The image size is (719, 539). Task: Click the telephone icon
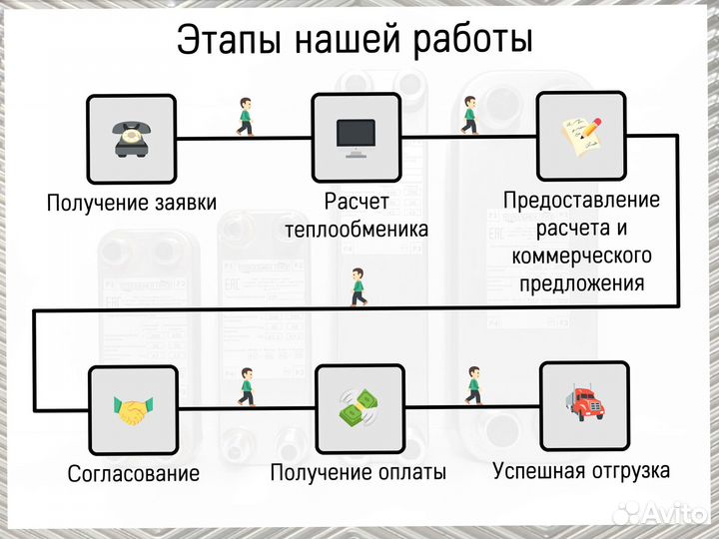130,137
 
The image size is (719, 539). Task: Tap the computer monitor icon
356,136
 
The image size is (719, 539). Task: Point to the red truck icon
584,403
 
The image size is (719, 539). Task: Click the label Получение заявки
131,204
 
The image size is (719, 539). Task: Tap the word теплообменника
357,230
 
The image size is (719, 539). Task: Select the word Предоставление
581,200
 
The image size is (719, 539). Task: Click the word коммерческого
581,256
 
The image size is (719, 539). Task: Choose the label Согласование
134,473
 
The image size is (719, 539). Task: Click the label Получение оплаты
359,472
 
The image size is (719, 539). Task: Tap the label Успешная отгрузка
581,470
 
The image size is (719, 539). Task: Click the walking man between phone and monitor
244,117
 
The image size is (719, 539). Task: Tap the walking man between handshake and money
246,386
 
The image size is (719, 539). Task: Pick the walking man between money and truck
473,384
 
